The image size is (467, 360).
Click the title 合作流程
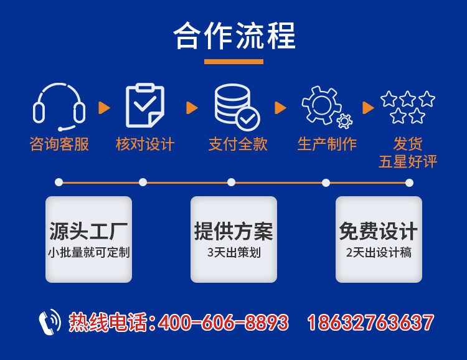coord(233,36)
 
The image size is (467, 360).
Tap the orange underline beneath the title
coord(233,62)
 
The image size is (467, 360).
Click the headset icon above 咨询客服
coord(59,107)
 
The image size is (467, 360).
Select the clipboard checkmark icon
coord(144,106)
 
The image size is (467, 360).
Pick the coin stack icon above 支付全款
coord(236,107)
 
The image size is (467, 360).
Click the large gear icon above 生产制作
coord(321,104)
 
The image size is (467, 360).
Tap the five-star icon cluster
coord(408,107)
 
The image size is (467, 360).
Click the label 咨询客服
coord(59,144)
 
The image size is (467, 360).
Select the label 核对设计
coord(145,144)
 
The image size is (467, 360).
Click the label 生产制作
coord(327,144)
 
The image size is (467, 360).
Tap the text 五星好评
coord(408,162)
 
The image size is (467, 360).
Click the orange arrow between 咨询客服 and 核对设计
coord(104,108)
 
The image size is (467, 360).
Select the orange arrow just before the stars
coord(368,108)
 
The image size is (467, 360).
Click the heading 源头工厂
coord(88,232)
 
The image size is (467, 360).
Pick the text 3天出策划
coord(233,253)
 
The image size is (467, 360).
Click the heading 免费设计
coord(378,232)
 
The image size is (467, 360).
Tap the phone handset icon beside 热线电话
coord(49,322)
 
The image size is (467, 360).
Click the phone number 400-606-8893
coord(224,323)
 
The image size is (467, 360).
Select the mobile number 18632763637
coord(370,323)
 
